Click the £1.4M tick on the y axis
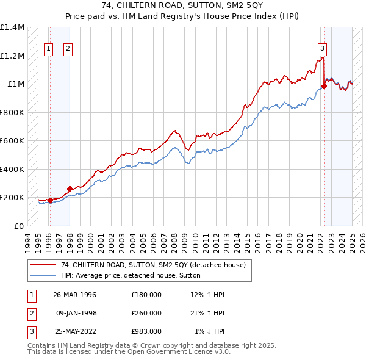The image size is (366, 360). (x=12, y=27)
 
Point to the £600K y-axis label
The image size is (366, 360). (x=12, y=141)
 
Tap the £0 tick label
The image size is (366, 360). (x=18, y=226)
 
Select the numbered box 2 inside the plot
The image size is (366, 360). (x=68, y=49)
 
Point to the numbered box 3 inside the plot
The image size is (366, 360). (x=321, y=49)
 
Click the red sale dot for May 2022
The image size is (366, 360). (x=325, y=87)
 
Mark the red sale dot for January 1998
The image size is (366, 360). (x=70, y=189)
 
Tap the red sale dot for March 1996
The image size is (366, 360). (x=50, y=200)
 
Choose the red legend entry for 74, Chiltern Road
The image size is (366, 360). (x=153, y=265)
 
